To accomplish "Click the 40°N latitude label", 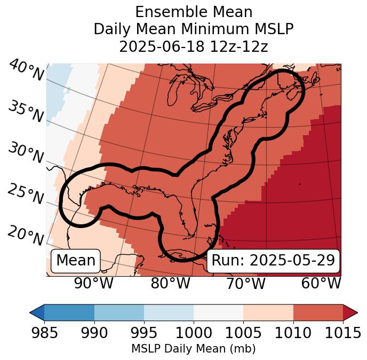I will click(x=26, y=71).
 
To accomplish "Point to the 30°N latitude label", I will click(x=26, y=153).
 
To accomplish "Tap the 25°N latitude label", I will click(x=26, y=194).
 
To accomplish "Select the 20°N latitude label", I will click(x=26, y=234).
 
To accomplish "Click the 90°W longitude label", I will click(x=93, y=283).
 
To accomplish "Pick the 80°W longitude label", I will click(x=170, y=283).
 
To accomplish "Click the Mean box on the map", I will click(x=76, y=261).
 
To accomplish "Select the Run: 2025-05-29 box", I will click(x=273, y=261).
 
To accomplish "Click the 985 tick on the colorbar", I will click(x=44, y=333).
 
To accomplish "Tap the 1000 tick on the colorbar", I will click(x=194, y=333).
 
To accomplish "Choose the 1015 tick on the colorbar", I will click(x=342, y=333).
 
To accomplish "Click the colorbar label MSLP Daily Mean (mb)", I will click(x=193, y=349).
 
